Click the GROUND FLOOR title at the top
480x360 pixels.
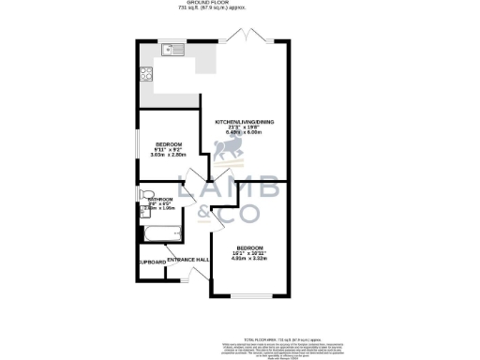pyautogui.click(x=240, y=4)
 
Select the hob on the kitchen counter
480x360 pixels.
pyautogui.click(x=148, y=72)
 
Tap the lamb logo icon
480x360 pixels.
pyautogui.click(x=229, y=150)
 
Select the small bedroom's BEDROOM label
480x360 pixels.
pyautogui.click(x=170, y=142)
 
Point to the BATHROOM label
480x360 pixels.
pyautogui.click(x=160, y=200)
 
